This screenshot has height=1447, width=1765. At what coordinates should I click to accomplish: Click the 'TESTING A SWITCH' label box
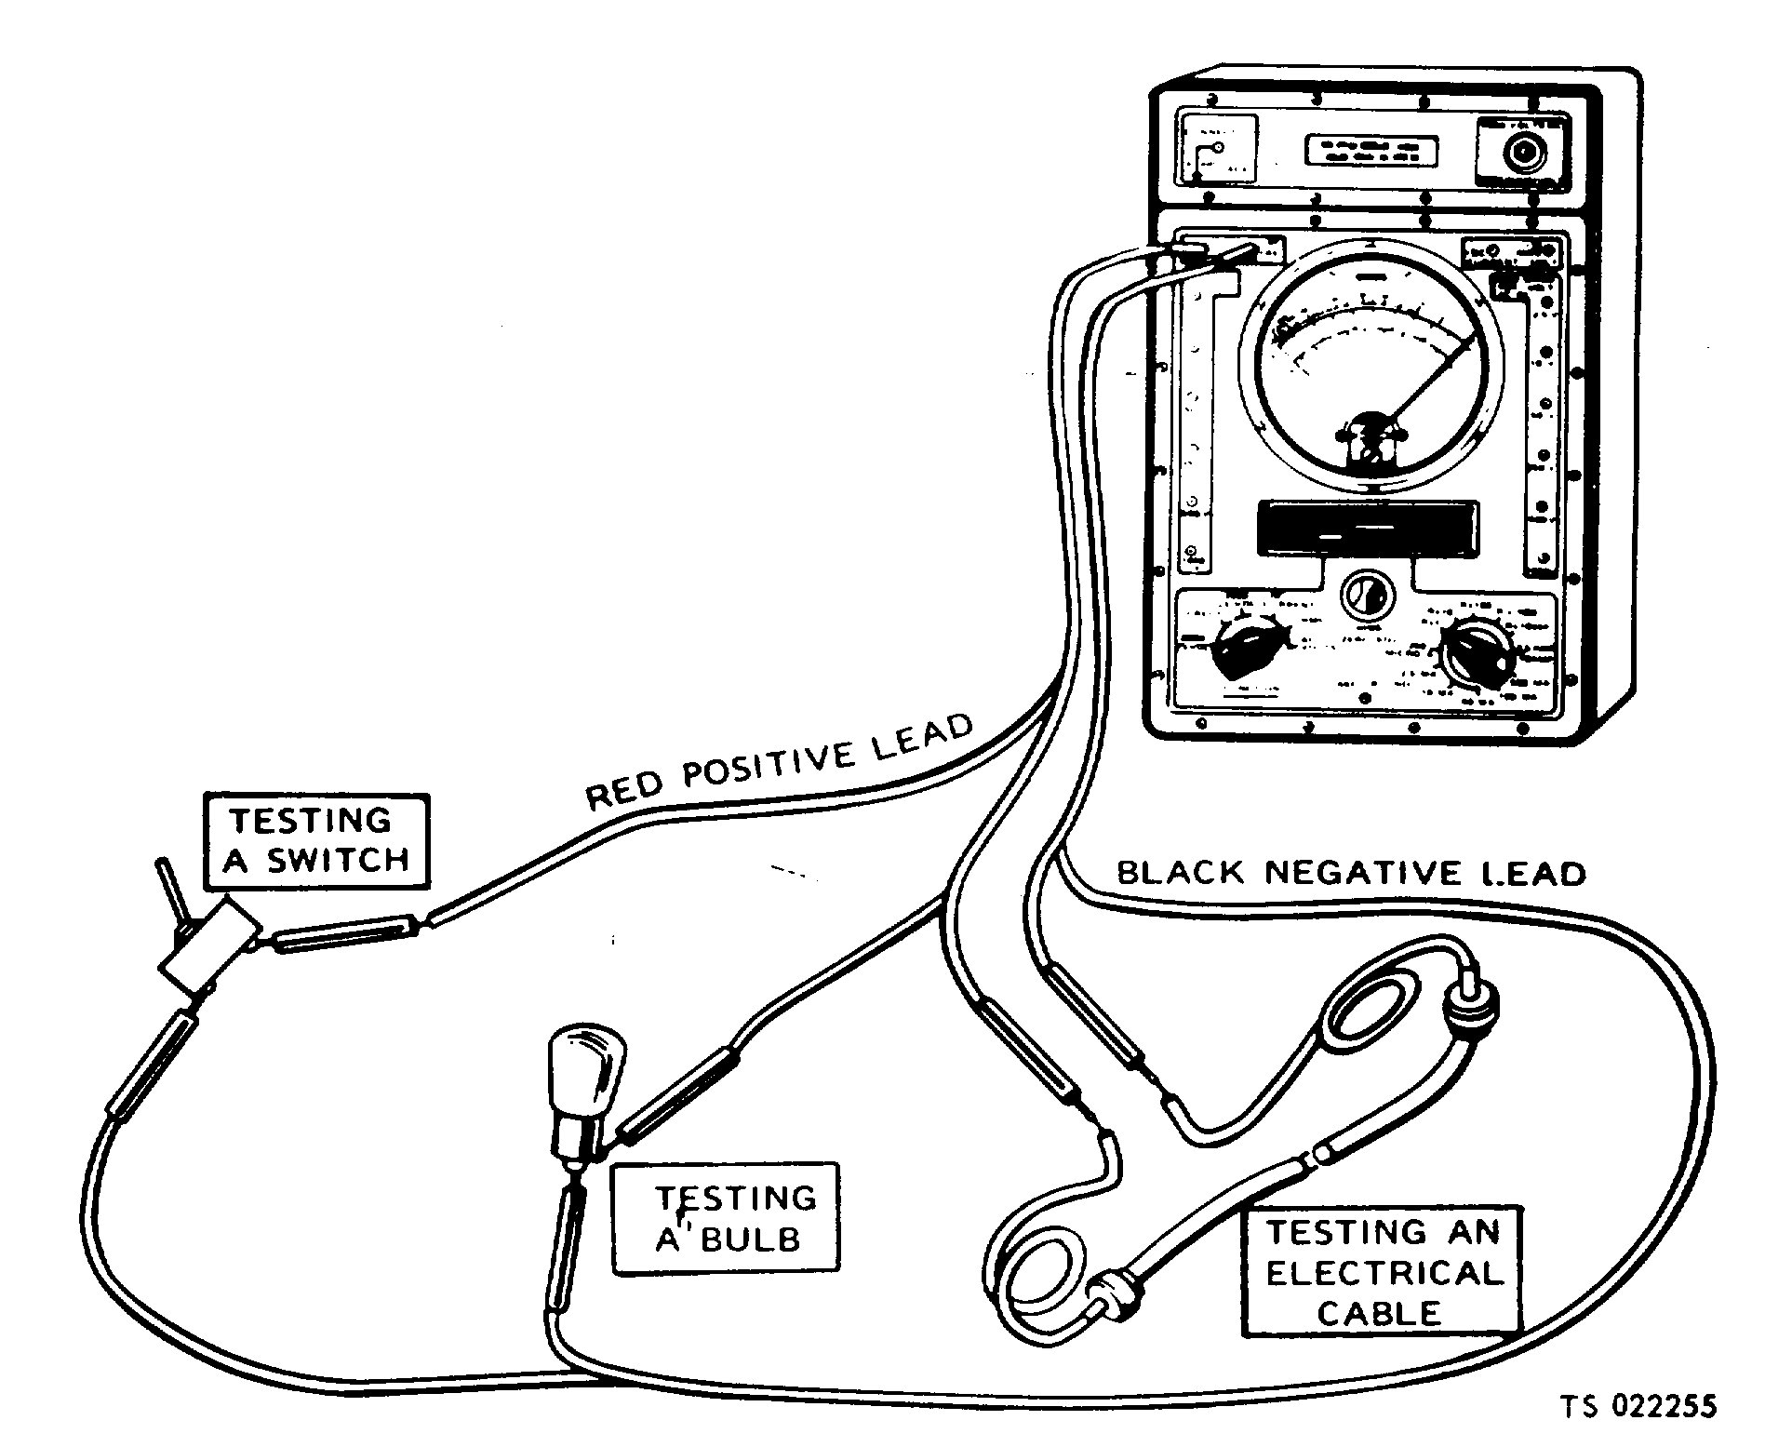coord(316,840)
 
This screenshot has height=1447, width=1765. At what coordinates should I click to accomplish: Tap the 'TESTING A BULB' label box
coord(725,1218)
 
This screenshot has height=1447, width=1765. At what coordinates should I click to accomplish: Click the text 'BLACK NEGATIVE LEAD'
coord(1351,873)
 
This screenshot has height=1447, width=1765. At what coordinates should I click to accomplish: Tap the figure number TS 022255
coord(1637,1406)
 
